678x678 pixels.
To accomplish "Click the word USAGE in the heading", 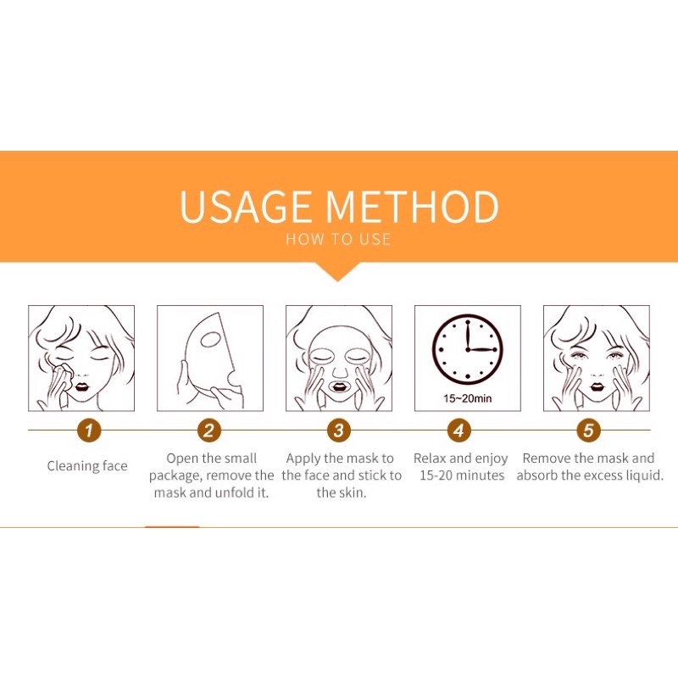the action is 245,206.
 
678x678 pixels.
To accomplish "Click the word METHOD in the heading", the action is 413,206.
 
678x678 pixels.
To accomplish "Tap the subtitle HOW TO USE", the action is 338,239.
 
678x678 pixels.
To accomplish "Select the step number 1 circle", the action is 89,431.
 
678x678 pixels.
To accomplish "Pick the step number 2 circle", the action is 208,431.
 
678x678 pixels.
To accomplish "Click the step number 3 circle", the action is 338,431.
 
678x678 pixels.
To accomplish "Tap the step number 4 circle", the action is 458,431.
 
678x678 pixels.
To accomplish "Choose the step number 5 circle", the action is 588,431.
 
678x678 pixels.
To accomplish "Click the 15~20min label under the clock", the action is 468,398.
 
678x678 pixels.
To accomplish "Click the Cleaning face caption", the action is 87,466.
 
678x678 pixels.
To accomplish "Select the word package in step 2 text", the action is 175,476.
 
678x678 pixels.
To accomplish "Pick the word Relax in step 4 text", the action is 430,458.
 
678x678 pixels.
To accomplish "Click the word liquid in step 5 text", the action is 644,475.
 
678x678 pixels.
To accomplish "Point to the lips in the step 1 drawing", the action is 81,386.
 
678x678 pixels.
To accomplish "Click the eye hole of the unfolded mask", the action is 211,340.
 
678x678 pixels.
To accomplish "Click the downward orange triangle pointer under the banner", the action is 337,271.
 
